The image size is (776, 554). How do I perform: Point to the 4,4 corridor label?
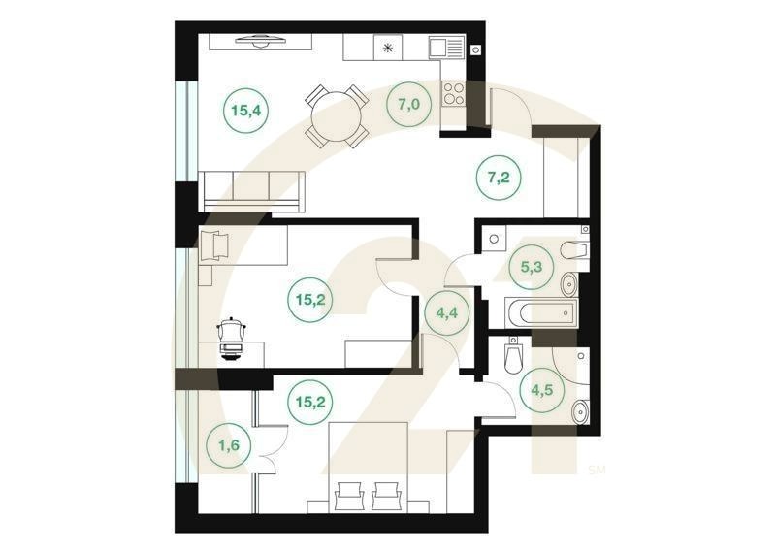(443, 313)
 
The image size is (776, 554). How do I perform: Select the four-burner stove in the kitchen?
(454, 92)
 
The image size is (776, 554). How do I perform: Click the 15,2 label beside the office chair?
(309, 299)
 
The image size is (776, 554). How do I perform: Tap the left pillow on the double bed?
(347, 496)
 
